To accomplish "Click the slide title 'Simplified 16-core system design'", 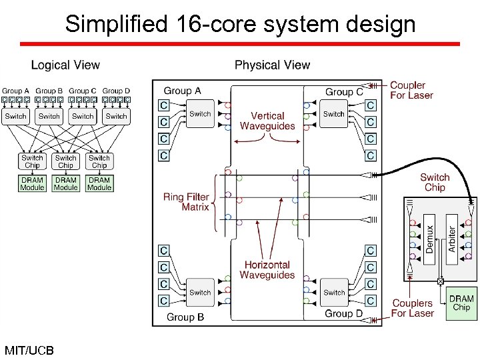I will (240, 25).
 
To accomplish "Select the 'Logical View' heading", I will (65, 65).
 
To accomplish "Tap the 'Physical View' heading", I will (272, 65).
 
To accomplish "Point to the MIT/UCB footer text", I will (29, 350).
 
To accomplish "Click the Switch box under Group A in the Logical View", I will (15, 116).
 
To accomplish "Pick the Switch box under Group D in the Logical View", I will (116, 116).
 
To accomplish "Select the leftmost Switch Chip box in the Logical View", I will (32, 161).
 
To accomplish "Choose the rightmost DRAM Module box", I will (99, 183).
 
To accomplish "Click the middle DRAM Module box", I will (65, 183).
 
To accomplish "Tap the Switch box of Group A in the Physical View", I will (200, 114).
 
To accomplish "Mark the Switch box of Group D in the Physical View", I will (334, 292).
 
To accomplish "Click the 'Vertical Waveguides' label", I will (267, 121).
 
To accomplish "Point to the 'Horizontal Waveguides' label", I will (267, 270).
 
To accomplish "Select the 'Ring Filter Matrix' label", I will (187, 202).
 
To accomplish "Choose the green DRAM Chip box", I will (461, 303).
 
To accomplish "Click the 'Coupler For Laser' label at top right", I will (411, 90).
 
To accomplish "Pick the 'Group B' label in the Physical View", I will (185, 317).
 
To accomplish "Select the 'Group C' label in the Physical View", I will (344, 92).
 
